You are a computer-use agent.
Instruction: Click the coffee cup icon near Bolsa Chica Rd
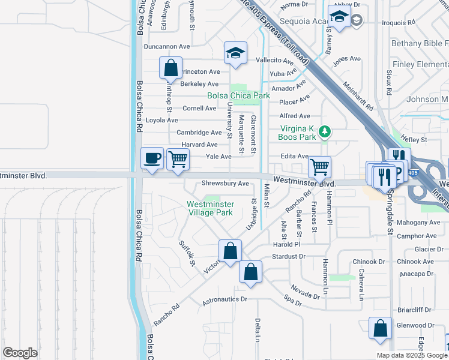pos(152,158)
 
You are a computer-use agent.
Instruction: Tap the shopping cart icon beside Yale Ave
pos(178,160)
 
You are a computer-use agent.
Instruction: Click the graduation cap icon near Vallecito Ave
pos(235,53)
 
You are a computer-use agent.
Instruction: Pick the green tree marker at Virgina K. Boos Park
pos(325,131)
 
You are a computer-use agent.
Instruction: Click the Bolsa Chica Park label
pos(238,95)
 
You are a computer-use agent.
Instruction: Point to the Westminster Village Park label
pos(209,208)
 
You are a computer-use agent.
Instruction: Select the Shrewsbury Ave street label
pos(225,183)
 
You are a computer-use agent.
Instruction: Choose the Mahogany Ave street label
pos(418,222)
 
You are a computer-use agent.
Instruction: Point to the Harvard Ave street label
pos(199,145)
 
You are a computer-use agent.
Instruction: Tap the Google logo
pos(20,352)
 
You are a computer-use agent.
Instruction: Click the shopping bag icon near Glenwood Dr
pos(380,329)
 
